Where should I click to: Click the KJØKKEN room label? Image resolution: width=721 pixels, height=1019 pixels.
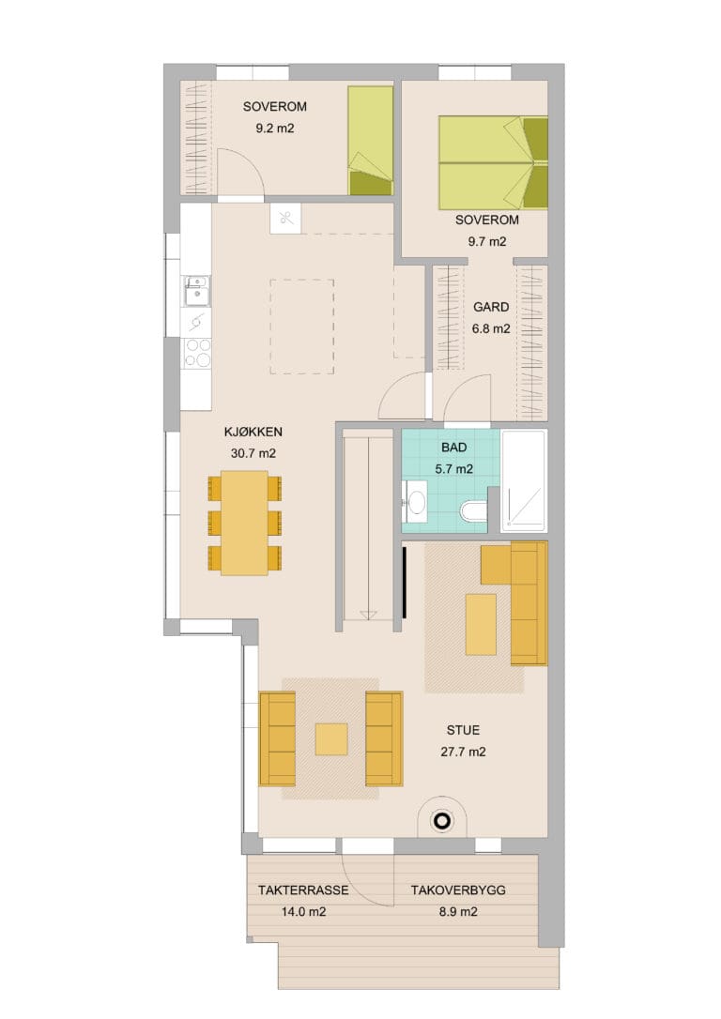point(253,432)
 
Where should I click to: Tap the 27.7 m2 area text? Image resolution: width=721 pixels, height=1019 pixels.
point(463,752)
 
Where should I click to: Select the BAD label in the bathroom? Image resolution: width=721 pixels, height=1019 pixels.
point(453,448)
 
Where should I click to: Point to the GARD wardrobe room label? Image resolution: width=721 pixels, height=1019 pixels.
point(491,307)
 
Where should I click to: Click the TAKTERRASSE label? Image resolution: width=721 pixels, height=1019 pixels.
point(303,890)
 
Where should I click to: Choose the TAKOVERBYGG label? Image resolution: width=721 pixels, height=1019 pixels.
point(458,890)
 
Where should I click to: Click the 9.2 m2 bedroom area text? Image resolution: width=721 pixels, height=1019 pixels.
point(274,129)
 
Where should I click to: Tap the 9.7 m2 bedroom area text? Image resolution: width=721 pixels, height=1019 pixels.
point(487,242)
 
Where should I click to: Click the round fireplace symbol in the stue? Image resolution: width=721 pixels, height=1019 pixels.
point(442,821)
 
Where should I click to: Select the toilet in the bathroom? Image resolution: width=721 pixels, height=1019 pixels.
point(473,510)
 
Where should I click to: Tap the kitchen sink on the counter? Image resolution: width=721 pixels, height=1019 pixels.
point(196,291)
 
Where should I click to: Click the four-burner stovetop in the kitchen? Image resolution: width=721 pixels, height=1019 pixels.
point(198,354)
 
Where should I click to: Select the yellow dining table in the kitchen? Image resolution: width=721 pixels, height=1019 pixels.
point(244,524)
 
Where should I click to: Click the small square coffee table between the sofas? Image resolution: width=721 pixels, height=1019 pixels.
point(330,739)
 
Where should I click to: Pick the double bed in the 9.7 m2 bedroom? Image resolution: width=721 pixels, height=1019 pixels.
point(493,163)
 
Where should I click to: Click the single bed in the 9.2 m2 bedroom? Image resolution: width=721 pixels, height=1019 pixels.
point(371,141)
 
